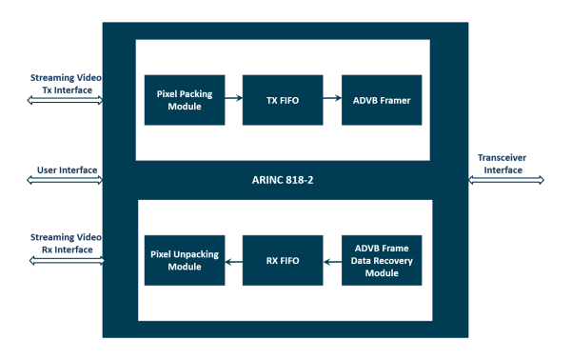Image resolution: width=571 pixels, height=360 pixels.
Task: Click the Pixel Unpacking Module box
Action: click(x=184, y=260)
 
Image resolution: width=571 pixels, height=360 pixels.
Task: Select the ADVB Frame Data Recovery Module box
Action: click(x=381, y=260)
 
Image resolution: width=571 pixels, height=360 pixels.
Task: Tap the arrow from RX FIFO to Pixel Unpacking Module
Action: click(x=232, y=260)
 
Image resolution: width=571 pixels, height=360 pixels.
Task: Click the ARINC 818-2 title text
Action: click(x=282, y=179)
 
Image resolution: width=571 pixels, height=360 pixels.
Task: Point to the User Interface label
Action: click(x=67, y=170)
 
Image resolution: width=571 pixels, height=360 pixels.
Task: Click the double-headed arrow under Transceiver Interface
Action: click(x=507, y=179)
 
